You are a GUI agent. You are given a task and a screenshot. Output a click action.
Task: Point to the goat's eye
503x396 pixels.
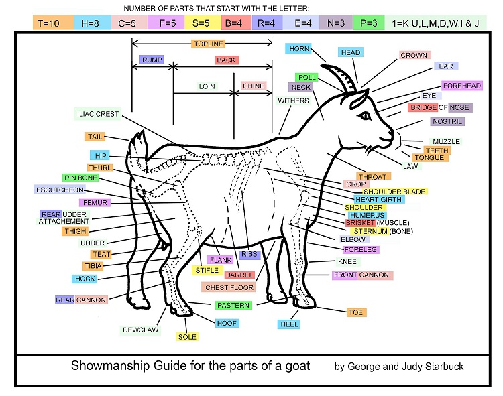coord(365,117)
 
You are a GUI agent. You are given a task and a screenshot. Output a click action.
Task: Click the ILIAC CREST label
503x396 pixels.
coord(98,114)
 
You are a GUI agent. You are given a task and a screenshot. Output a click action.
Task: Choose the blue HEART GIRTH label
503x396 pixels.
coord(379,200)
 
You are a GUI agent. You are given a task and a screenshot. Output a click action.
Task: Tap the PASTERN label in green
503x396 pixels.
coord(233,305)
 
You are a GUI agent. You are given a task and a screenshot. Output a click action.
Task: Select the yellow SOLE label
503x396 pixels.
coord(187,336)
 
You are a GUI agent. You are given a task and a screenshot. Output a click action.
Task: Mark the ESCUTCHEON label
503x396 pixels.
coord(65,190)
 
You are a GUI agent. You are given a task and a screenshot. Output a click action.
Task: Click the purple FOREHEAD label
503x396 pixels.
coord(462,86)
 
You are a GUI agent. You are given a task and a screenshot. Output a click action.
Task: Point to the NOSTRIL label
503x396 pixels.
coord(447,121)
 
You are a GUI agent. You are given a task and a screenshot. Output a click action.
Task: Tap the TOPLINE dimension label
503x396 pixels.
coord(208,44)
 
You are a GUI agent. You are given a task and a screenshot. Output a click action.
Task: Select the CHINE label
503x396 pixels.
coord(254,86)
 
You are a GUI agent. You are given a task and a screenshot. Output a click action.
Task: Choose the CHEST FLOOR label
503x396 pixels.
coord(229,287)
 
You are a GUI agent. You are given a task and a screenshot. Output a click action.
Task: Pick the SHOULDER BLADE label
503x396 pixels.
coord(384,192)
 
